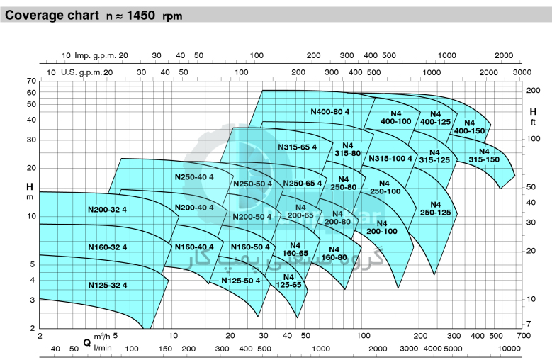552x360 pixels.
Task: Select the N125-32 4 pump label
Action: pos(108,285)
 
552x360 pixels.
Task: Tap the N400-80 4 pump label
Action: pos(330,111)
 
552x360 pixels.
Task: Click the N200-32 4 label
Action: pos(107,209)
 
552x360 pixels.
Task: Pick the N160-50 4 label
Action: pos(250,247)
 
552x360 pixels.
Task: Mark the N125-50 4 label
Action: pos(240,281)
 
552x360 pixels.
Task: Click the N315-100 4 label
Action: pos(390,158)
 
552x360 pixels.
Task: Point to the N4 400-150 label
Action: pos(470,126)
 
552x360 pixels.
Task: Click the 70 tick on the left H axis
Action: pos(31,81)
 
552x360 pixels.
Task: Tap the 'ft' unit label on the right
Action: pos(533,122)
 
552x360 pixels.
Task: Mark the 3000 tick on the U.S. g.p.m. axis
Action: pos(522,72)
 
